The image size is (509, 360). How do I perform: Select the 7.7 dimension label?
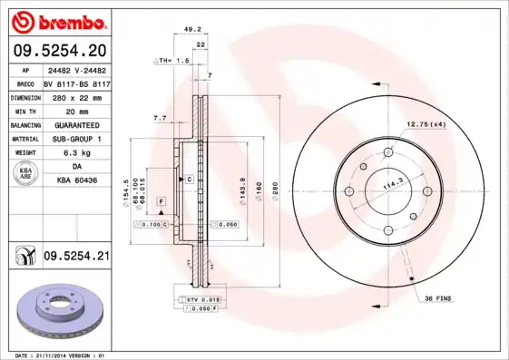click(159, 118)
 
